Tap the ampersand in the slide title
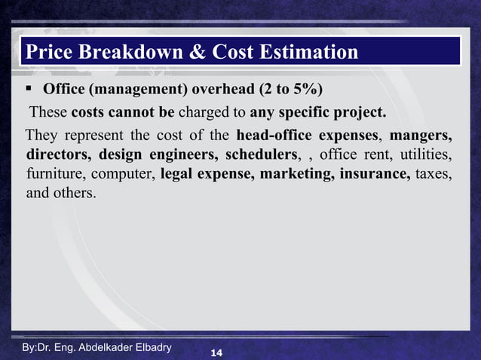[195, 52]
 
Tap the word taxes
[434, 174]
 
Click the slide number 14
[216, 352]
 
